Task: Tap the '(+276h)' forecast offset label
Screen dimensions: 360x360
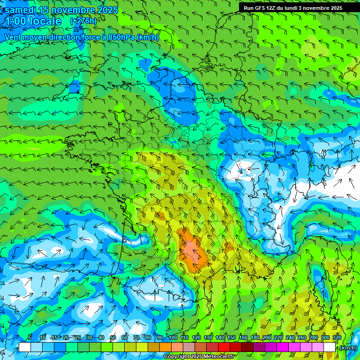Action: click(x=83, y=21)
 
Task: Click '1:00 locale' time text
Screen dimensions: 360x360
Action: click(x=33, y=22)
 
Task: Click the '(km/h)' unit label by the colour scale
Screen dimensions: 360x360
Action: click(x=347, y=348)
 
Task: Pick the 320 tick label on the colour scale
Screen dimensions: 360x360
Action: click(x=337, y=337)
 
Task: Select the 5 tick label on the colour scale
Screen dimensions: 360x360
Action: click(x=30, y=337)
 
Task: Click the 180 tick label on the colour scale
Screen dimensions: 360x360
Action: click(x=255, y=337)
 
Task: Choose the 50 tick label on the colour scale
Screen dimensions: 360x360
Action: click(x=113, y=337)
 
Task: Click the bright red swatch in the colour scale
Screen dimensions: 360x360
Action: click(x=224, y=347)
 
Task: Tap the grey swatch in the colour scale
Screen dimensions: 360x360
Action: click(x=189, y=347)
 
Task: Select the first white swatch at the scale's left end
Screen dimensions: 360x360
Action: click(x=25, y=347)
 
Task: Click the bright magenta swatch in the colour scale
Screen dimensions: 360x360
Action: click(x=283, y=347)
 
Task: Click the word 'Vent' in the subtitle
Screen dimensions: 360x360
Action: click(x=14, y=37)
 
